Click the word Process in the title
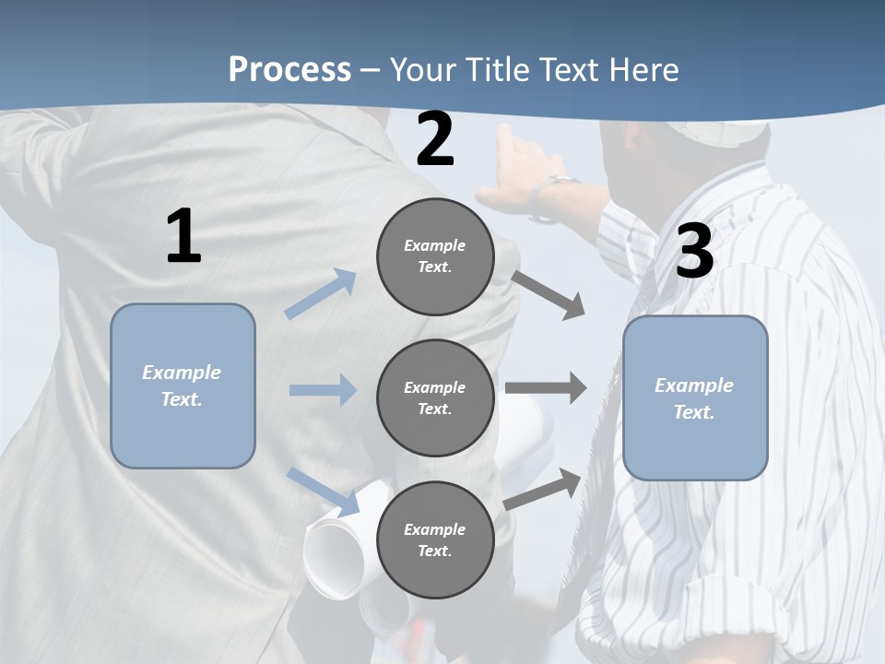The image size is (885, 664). tap(289, 69)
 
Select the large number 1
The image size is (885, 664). tap(183, 237)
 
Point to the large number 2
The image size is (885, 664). tap(435, 139)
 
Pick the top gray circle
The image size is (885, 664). tap(435, 256)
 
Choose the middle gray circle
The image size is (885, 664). tap(435, 397)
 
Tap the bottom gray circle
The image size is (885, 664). tap(435, 539)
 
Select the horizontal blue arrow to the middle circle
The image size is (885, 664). tap(323, 390)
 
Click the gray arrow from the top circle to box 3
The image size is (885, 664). tap(548, 294)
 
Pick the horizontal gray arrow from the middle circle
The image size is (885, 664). tap(546, 388)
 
